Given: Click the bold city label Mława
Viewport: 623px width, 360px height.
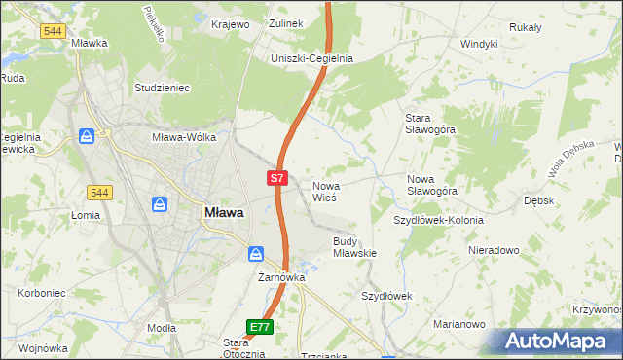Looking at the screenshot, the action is click(x=223, y=212).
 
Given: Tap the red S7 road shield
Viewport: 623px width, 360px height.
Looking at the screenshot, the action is click(x=277, y=178).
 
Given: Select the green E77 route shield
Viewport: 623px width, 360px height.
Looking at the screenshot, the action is click(x=259, y=328).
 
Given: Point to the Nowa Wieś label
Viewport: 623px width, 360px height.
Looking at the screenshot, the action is click(x=324, y=191).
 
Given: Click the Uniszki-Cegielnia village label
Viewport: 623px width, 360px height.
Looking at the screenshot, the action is click(x=311, y=58).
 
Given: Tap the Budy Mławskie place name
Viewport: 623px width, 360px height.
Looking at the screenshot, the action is click(x=354, y=246).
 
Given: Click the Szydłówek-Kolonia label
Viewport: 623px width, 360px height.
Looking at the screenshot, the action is click(x=438, y=220).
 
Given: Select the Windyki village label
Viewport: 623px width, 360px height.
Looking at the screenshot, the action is click(x=479, y=44).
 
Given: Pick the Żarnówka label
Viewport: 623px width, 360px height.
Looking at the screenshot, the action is click(x=282, y=277).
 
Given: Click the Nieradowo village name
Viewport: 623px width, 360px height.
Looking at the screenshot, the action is click(x=493, y=250).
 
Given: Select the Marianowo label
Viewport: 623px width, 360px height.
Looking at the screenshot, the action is click(x=459, y=324).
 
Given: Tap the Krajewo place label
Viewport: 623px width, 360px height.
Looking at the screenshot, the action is click(x=231, y=23).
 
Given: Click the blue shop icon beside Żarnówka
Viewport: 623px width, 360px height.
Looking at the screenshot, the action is click(x=255, y=254).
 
